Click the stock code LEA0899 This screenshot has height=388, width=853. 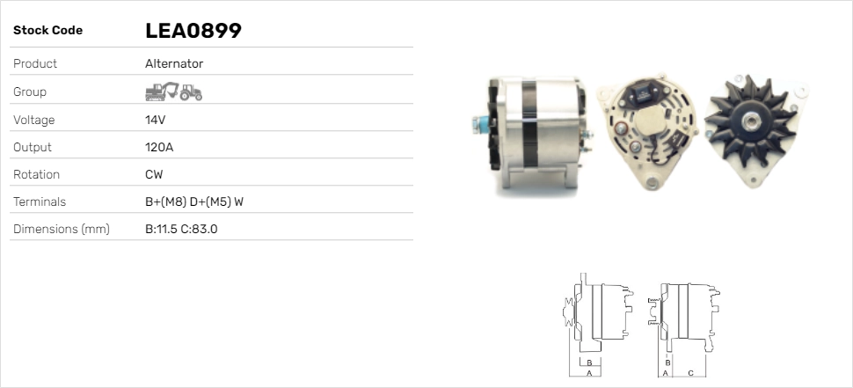pyautogui.click(x=193, y=31)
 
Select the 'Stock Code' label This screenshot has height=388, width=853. pyautogui.click(x=47, y=31)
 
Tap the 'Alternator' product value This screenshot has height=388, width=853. pyautogui.click(x=174, y=63)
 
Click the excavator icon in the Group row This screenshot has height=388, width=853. pyautogui.click(x=162, y=92)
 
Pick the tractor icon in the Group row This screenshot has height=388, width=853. pyautogui.click(x=191, y=92)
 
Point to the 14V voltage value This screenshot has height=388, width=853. pyautogui.click(x=155, y=120)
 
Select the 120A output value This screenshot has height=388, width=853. pyautogui.click(x=159, y=147)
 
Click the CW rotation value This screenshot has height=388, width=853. pyautogui.click(x=154, y=175)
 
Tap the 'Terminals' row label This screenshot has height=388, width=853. pyautogui.click(x=40, y=201)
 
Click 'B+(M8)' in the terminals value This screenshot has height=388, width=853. pyautogui.click(x=166, y=201)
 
